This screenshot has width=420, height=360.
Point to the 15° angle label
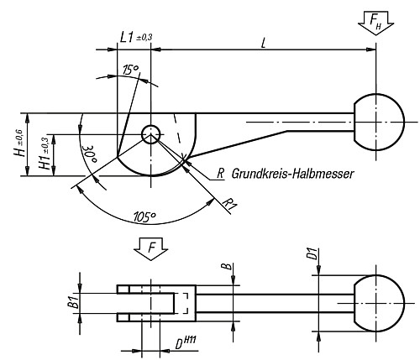pyautogui.click(x=129, y=70)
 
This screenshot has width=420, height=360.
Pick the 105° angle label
pyautogui.click(x=144, y=217)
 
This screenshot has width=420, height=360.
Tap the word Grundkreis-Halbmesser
pyautogui.click(x=293, y=174)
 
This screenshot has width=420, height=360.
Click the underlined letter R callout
pyautogui.click(x=220, y=174)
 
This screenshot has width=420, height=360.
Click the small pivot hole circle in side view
pyautogui.click(x=151, y=133)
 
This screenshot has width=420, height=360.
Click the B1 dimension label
pyautogui.click(x=73, y=302)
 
